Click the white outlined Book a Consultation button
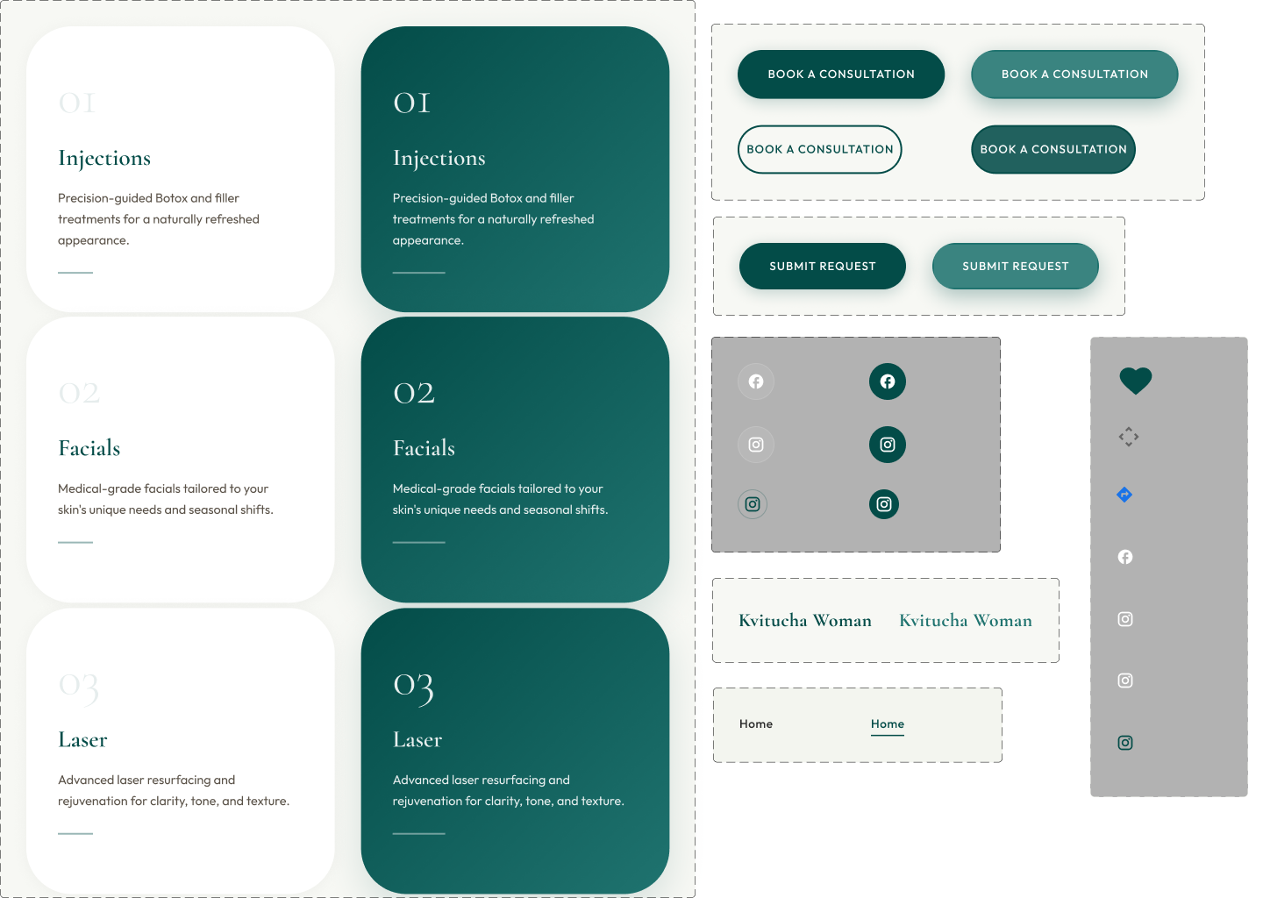[819, 149]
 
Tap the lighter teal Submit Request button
[1015, 266]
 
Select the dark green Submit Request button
[822, 266]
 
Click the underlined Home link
[887, 723]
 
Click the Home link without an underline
[755, 723]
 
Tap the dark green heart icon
[1135, 381]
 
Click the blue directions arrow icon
[1124, 495]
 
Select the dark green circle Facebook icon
[887, 381]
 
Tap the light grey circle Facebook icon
[755, 381]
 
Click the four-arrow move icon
[1128, 437]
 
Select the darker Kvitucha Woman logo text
[804, 621]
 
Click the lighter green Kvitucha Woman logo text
[965, 621]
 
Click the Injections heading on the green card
[439, 159]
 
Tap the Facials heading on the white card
[89, 448]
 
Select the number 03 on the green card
[413, 687]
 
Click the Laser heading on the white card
[82, 740]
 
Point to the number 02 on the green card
[413, 393]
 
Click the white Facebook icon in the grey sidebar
[1124, 557]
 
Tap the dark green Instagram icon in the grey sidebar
[1124, 743]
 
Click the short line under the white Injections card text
[75, 273]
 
